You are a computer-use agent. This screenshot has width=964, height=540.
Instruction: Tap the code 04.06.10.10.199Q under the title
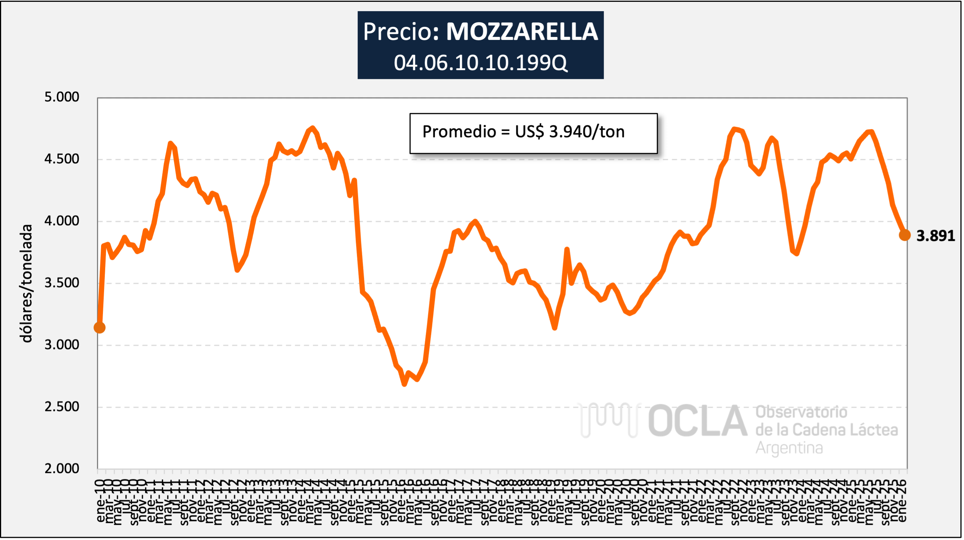[x=480, y=63]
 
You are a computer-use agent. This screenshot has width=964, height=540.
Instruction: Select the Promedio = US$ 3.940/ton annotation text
[x=523, y=132]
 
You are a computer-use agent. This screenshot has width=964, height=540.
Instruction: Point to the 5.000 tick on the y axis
[x=62, y=97]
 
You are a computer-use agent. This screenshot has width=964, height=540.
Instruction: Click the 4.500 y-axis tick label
[x=62, y=158]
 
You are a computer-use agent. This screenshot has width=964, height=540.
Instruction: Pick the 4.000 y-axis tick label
[x=62, y=221]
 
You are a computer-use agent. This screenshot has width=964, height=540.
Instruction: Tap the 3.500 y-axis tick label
[x=62, y=283]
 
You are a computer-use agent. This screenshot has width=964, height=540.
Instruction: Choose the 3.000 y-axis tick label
[x=62, y=345]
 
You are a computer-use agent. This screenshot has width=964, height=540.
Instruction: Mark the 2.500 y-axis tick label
[x=62, y=406]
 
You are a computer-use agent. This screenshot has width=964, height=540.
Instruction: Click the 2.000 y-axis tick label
[x=62, y=468]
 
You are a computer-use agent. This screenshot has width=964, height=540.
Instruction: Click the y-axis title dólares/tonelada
[x=26, y=283]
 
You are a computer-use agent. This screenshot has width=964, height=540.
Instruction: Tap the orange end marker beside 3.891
[x=904, y=235]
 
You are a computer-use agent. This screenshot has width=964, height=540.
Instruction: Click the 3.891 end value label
[x=935, y=236]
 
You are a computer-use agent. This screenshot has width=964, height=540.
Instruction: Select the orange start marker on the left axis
[x=100, y=327]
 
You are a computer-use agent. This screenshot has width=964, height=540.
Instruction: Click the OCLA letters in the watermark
[x=698, y=421]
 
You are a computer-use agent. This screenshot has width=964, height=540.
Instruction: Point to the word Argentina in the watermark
[x=789, y=448]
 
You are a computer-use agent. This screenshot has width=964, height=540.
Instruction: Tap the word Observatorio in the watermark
[x=801, y=412]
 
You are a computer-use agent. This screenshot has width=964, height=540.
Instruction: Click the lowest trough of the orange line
[x=404, y=384]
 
